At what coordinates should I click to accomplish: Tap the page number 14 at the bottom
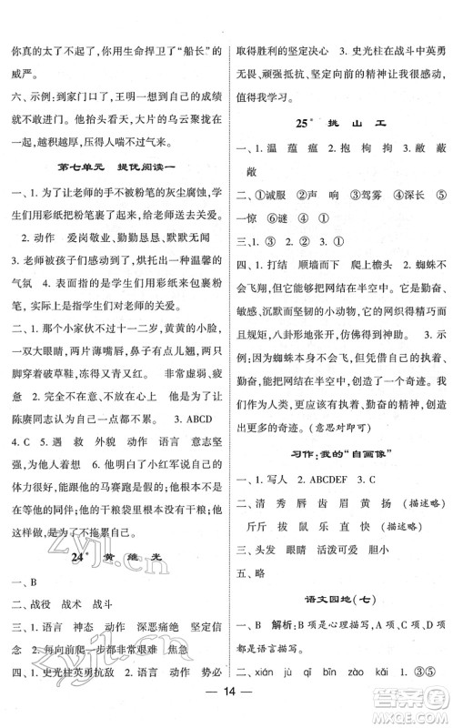point(226,703)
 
